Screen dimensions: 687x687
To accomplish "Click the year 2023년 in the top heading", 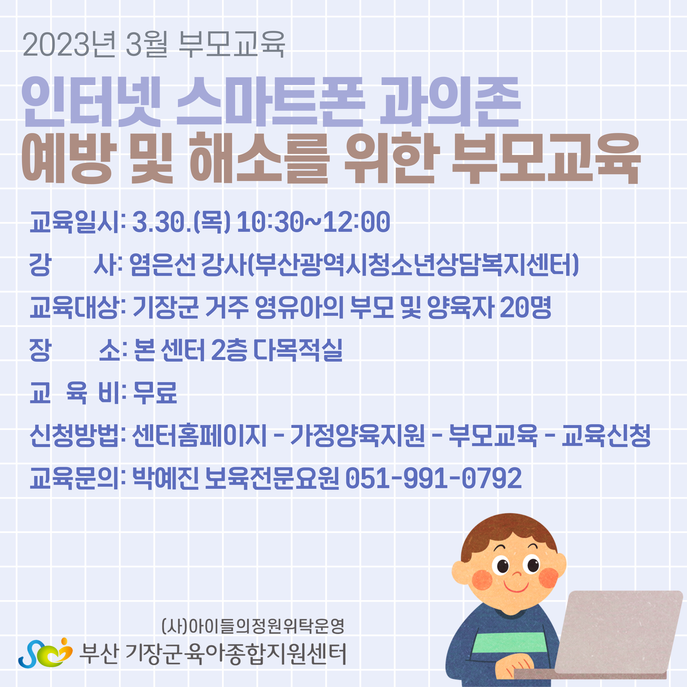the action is (69, 45).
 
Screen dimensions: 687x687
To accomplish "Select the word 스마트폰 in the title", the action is (271, 102).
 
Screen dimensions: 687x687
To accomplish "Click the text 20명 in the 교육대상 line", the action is (525, 308).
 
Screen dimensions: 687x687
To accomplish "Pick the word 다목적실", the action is (298, 350).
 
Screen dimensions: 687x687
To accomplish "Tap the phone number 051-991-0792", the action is (433, 478).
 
